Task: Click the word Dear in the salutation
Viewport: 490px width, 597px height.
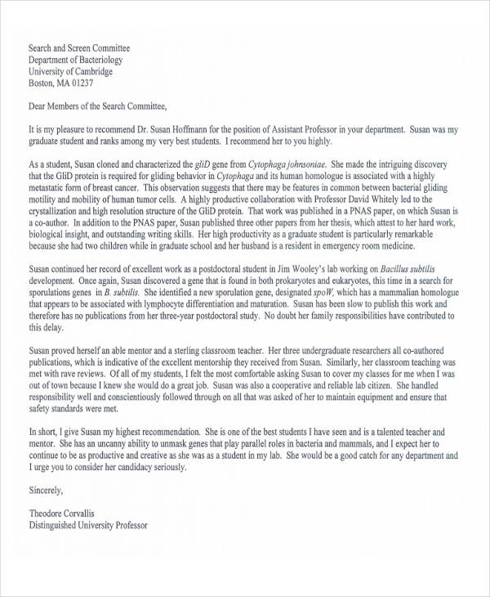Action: [x=38, y=105]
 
